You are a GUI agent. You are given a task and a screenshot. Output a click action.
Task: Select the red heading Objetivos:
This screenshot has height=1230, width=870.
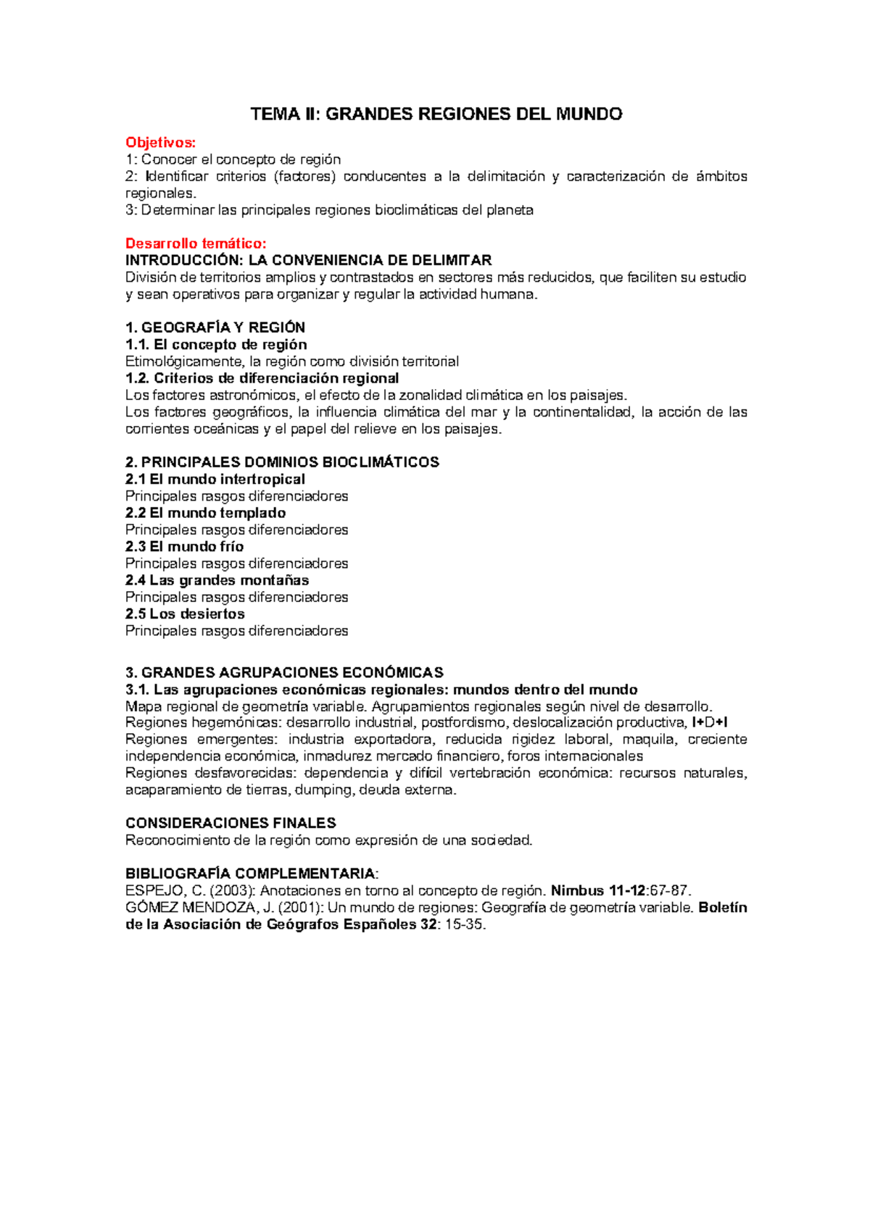[x=160, y=143]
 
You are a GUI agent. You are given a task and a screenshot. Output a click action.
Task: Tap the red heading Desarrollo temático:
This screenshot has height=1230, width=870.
[x=196, y=243]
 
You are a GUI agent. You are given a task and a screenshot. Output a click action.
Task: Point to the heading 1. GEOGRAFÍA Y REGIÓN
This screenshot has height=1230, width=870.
[x=215, y=327]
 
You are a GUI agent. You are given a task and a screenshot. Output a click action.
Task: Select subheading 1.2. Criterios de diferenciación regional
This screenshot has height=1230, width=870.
[x=262, y=378]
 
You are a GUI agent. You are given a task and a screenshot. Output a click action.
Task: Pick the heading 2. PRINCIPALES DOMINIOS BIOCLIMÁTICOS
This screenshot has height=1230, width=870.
[x=282, y=462]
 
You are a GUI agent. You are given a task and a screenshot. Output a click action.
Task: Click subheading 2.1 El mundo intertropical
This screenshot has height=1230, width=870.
[x=215, y=479]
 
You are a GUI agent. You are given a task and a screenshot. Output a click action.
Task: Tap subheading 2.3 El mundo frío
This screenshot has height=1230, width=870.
[x=184, y=546]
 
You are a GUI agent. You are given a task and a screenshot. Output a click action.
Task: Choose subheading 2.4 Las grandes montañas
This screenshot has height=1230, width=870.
[x=217, y=580]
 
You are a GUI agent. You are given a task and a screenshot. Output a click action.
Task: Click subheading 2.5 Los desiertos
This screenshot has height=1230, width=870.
[x=185, y=614]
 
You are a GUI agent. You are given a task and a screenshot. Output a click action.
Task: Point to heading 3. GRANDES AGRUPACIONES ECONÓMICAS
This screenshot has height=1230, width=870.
[x=284, y=672]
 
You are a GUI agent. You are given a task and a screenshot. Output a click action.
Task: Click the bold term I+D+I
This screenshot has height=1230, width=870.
[x=710, y=722]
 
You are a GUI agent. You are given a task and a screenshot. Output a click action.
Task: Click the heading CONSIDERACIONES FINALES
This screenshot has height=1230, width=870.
[x=231, y=823]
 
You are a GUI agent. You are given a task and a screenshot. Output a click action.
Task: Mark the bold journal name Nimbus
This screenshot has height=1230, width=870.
[x=577, y=891]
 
